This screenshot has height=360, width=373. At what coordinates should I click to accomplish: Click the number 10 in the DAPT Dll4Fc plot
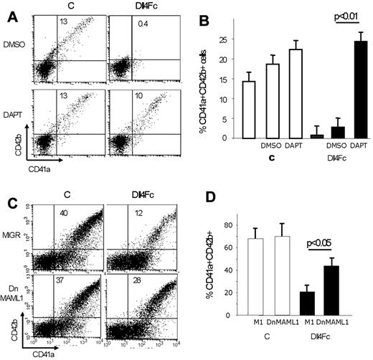143,96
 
